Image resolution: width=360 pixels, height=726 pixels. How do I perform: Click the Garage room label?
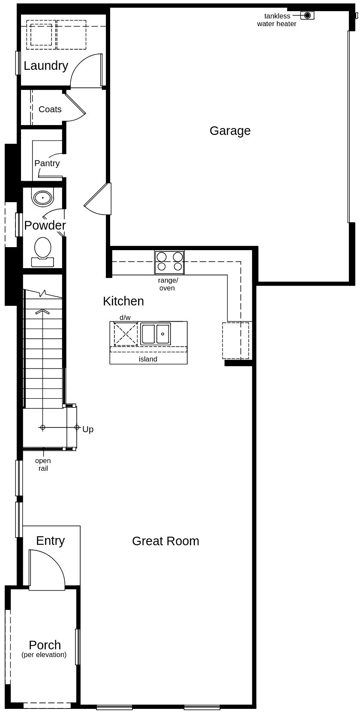coord(230,131)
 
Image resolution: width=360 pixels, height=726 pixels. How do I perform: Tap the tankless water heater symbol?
coord(307,15)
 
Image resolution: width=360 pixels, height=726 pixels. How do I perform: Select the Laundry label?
coord(46,66)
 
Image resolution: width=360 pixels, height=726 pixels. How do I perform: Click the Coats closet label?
coord(50,109)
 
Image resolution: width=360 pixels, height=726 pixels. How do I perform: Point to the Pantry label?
coord(47,163)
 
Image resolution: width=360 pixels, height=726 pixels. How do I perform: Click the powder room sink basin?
coord(43,198)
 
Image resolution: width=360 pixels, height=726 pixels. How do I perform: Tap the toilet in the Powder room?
coord(42,249)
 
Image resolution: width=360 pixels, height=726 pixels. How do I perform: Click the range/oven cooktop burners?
coord(169,262)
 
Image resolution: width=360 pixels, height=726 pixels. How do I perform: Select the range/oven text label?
coord(168,284)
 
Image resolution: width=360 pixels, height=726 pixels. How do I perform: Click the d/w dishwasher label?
coord(125,317)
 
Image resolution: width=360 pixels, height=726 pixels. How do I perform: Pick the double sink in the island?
coord(156,334)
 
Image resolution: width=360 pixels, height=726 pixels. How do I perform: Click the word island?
coord(148,359)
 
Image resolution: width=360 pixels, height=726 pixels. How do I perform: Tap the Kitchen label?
coord(123,301)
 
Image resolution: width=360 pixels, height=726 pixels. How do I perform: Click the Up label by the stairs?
coord(88,429)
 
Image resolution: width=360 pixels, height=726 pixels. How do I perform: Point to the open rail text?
coord(43,464)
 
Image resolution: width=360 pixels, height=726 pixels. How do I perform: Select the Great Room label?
coord(165,541)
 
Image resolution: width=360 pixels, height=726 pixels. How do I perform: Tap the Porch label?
coord(45,645)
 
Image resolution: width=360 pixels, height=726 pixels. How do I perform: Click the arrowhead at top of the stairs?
coord(42,312)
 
